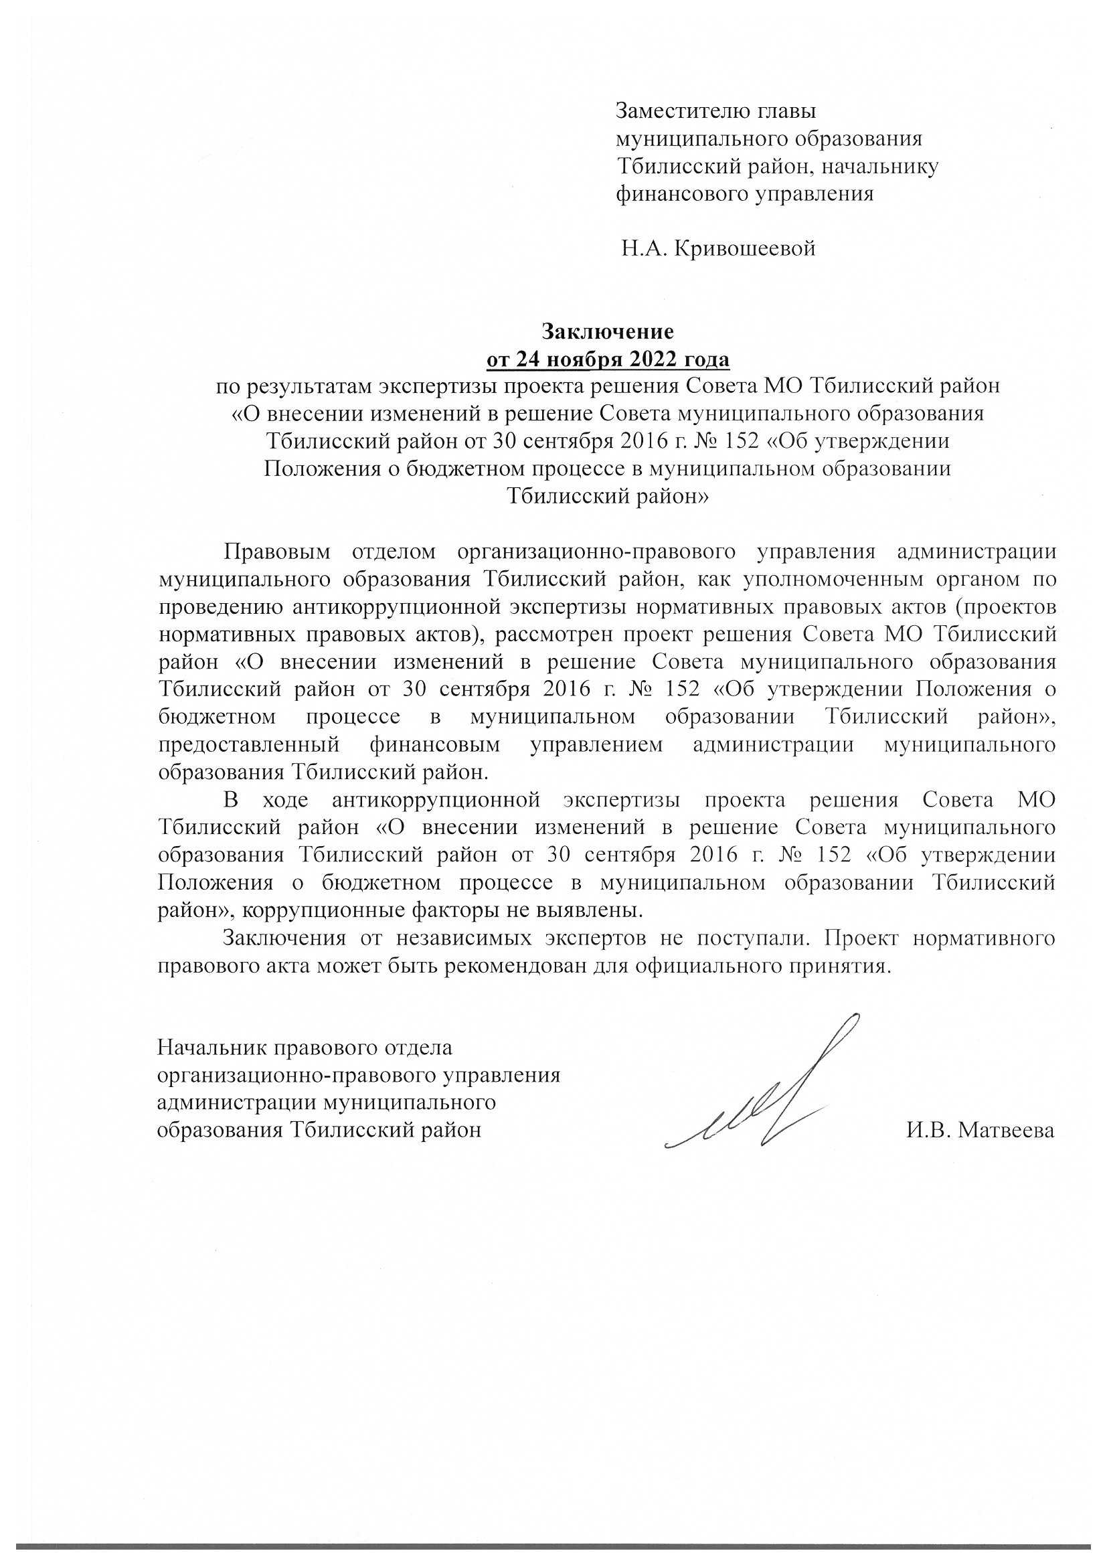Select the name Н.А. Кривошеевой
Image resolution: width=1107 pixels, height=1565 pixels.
718,249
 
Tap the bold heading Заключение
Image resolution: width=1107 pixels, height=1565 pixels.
607,331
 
